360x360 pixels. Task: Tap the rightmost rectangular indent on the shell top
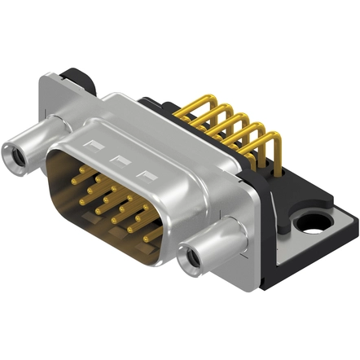[147, 173]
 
